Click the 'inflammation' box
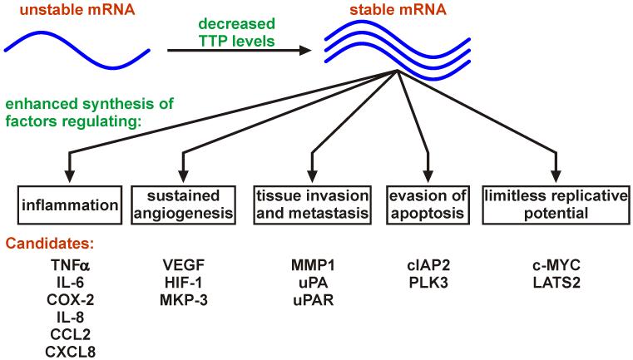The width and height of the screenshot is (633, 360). pos(69,205)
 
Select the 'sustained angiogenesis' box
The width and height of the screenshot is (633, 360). pos(184,205)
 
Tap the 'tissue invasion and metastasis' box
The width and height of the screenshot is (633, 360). pos(313,205)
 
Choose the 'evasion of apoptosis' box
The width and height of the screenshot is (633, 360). pos(428,205)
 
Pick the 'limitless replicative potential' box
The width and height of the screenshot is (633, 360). pos(556,205)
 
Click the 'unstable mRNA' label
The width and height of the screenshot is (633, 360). pos(77,9)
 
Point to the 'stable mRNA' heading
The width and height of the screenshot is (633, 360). pos(398,9)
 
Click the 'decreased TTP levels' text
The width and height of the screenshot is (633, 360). pos(236,32)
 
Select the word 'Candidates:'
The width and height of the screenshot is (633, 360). pos(50,244)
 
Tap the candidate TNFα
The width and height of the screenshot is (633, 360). pos(70,265)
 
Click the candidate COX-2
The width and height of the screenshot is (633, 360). pos(71,300)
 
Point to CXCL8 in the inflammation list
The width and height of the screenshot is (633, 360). pos(71,352)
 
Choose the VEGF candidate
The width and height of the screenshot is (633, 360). pos(184,265)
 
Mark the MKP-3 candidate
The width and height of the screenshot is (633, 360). pos(184,300)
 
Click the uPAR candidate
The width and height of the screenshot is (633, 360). pos(314,300)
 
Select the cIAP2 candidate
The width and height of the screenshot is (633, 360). pos(428,265)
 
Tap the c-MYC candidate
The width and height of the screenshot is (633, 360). pos(556,265)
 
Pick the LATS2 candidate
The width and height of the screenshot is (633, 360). pos(556,283)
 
